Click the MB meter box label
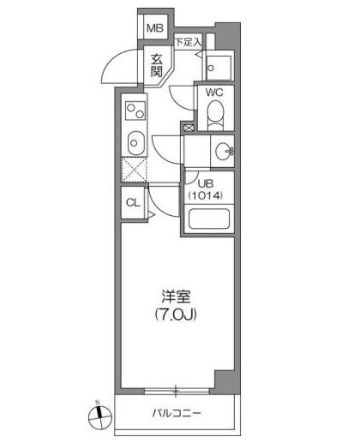pyautogui.click(x=155, y=28)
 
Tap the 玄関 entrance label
pyautogui.click(x=157, y=65)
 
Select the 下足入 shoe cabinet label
pyautogui.click(x=189, y=43)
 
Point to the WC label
pyautogui.click(x=214, y=93)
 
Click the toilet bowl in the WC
pyautogui.click(x=216, y=115)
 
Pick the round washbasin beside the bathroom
pyautogui.click(x=225, y=151)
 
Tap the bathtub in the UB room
pyautogui.click(x=209, y=219)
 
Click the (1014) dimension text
pyautogui.click(x=205, y=195)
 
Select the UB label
pyautogui.click(x=206, y=183)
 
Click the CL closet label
pyautogui.click(x=133, y=203)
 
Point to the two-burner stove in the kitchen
pyautogui.click(x=135, y=111)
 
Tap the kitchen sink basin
pyautogui.click(x=135, y=143)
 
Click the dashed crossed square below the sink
pyautogui.click(x=134, y=171)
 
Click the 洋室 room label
pyautogui.click(x=176, y=296)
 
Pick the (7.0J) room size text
pyautogui.click(x=176, y=314)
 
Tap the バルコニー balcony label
pyautogui.click(x=177, y=413)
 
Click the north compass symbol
pyautogui.click(x=99, y=416)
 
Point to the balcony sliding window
pyautogui.click(x=176, y=391)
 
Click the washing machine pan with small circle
pyautogui.click(x=219, y=68)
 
